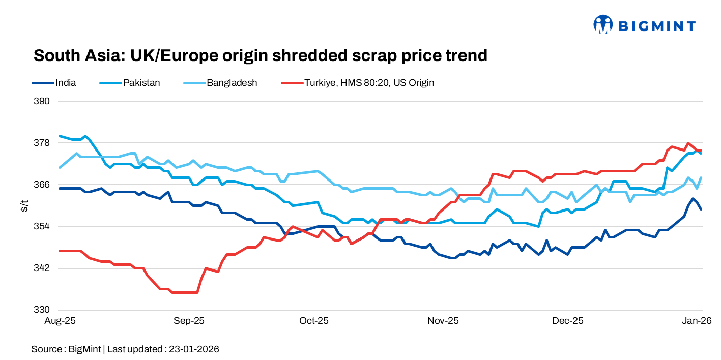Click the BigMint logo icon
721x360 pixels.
[602, 24]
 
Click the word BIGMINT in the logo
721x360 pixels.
[656, 25]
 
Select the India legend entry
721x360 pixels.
[65, 82]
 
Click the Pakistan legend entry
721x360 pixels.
[141, 82]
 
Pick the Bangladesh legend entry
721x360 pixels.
[232, 82]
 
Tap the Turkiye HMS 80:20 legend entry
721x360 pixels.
[369, 82]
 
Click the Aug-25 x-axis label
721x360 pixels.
[60, 321]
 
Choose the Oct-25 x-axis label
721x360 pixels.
[314, 321]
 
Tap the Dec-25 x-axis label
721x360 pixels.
[568, 321]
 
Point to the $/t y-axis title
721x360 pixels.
[24, 205]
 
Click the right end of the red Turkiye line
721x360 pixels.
[702, 151]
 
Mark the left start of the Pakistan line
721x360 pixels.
[60, 136]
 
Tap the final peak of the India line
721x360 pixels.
[693, 199]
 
